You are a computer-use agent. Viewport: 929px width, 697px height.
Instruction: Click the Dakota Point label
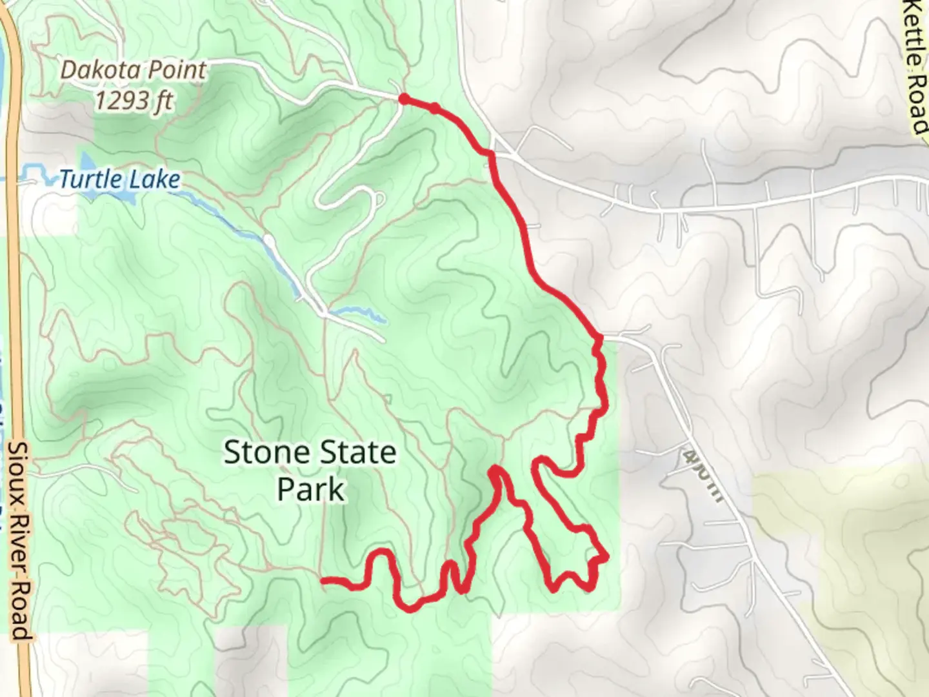pos(134,70)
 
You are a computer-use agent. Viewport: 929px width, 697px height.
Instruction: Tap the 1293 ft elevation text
pos(134,100)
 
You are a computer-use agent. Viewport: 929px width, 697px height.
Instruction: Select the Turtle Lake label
pos(119,179)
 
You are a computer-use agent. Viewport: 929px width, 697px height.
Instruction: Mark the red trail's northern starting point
pos(403,99)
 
